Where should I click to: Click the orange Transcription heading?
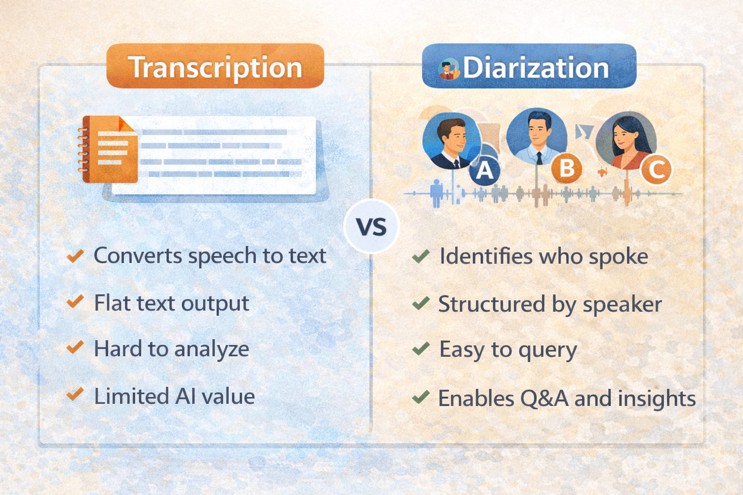point(215,67)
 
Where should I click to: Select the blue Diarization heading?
point(529,67)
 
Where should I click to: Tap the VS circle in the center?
point(371,227)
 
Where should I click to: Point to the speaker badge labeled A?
point(485,170)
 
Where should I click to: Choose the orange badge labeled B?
point(566,168)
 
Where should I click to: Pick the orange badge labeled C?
point(656,170)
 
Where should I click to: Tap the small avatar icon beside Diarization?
point(448,69)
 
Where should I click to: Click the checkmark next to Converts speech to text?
point(75,255)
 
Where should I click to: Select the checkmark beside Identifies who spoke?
point(421,256)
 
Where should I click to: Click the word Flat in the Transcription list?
point(110,303)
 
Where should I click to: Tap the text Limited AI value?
point(174,396)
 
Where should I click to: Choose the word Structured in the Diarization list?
point(491,304)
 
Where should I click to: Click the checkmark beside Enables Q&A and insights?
point(421,397)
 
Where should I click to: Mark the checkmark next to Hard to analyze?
point(75,347)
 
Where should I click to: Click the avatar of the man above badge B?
point(537,135)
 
